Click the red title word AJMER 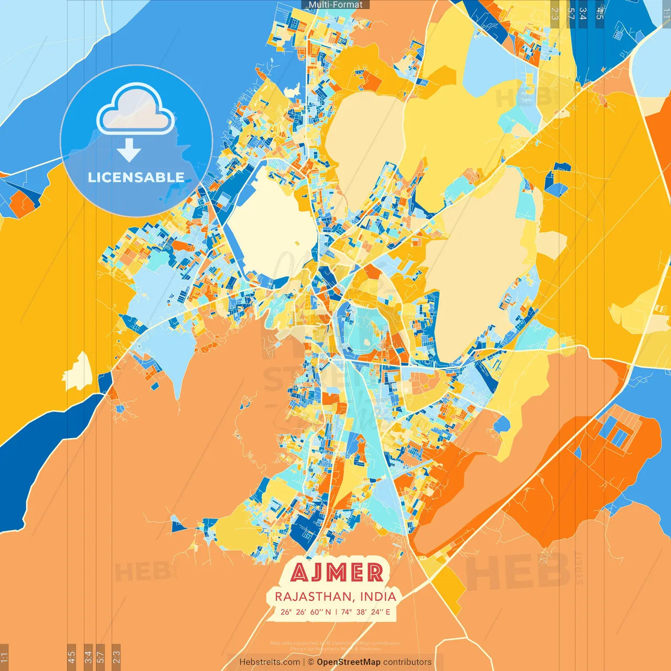point(337,572)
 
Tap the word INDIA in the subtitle point(377,597)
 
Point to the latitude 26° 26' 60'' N point(306,612)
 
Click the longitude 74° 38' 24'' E point(365,612)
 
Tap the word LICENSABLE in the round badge point(136,177)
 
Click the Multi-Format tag point(335,5)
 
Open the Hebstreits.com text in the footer point(269,662)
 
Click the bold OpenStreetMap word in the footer point(349,662)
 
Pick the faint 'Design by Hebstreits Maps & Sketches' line point(335,648)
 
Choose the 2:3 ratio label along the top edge point(555,13)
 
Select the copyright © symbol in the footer point(311,662)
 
